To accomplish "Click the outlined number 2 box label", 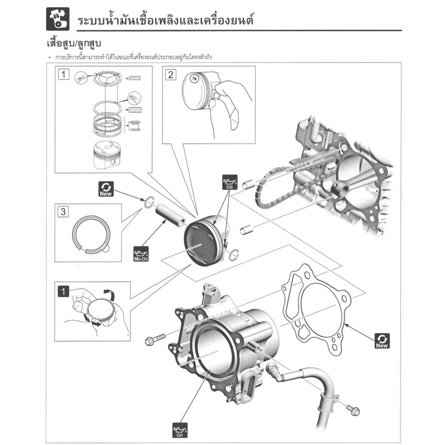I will click(x=170, y=75).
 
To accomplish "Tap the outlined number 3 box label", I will click(x=62, y=211).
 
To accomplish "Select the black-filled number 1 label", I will click(x=63, y=291).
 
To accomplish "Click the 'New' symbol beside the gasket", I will click(x=383, y=341).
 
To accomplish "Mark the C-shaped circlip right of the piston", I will click(x=234, y=254).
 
